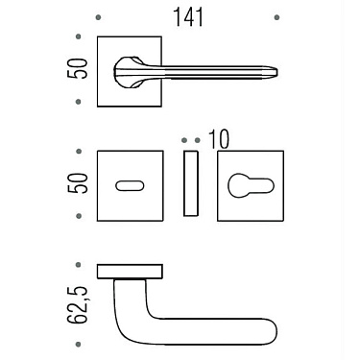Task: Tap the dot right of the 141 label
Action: [276, 17]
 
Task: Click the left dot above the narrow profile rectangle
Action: [185, 140]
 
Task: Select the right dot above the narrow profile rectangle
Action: [196, 140]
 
